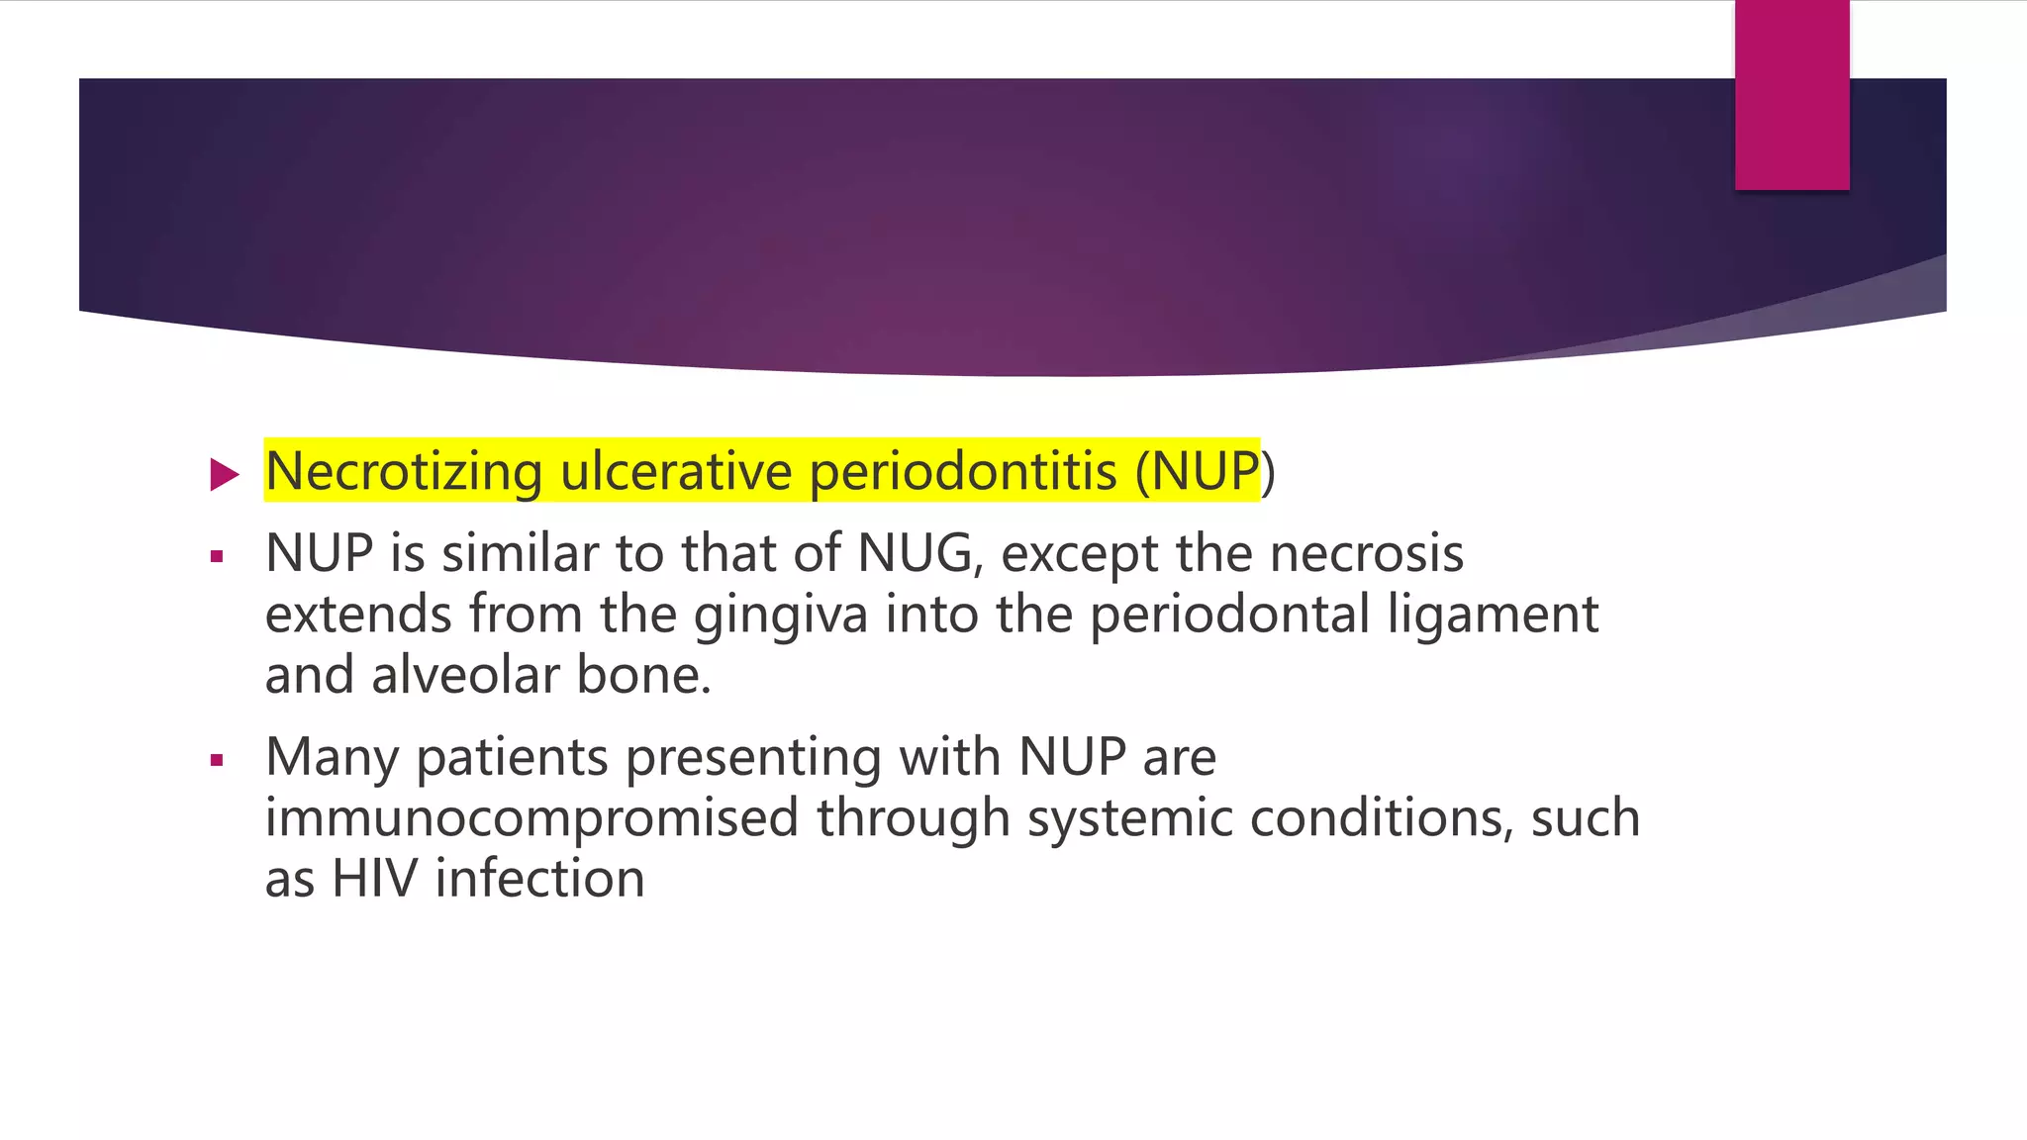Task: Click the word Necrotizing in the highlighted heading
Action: (x=403, y=472)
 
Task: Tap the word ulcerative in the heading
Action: (x=675, y=472)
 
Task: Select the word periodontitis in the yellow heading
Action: (x=963, y=472)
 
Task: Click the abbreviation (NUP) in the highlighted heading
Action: (x=1205, y=472)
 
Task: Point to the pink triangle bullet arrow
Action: (x=225, y=475)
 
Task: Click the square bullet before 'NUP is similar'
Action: (x=217, y=557)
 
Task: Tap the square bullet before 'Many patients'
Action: (x=217, y=761)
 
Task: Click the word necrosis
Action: (x=1366, y=553)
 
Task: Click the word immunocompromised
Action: (x=531, y=818)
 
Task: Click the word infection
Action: (x=540, y=879)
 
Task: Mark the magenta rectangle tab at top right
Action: (x=1791, y=95)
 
